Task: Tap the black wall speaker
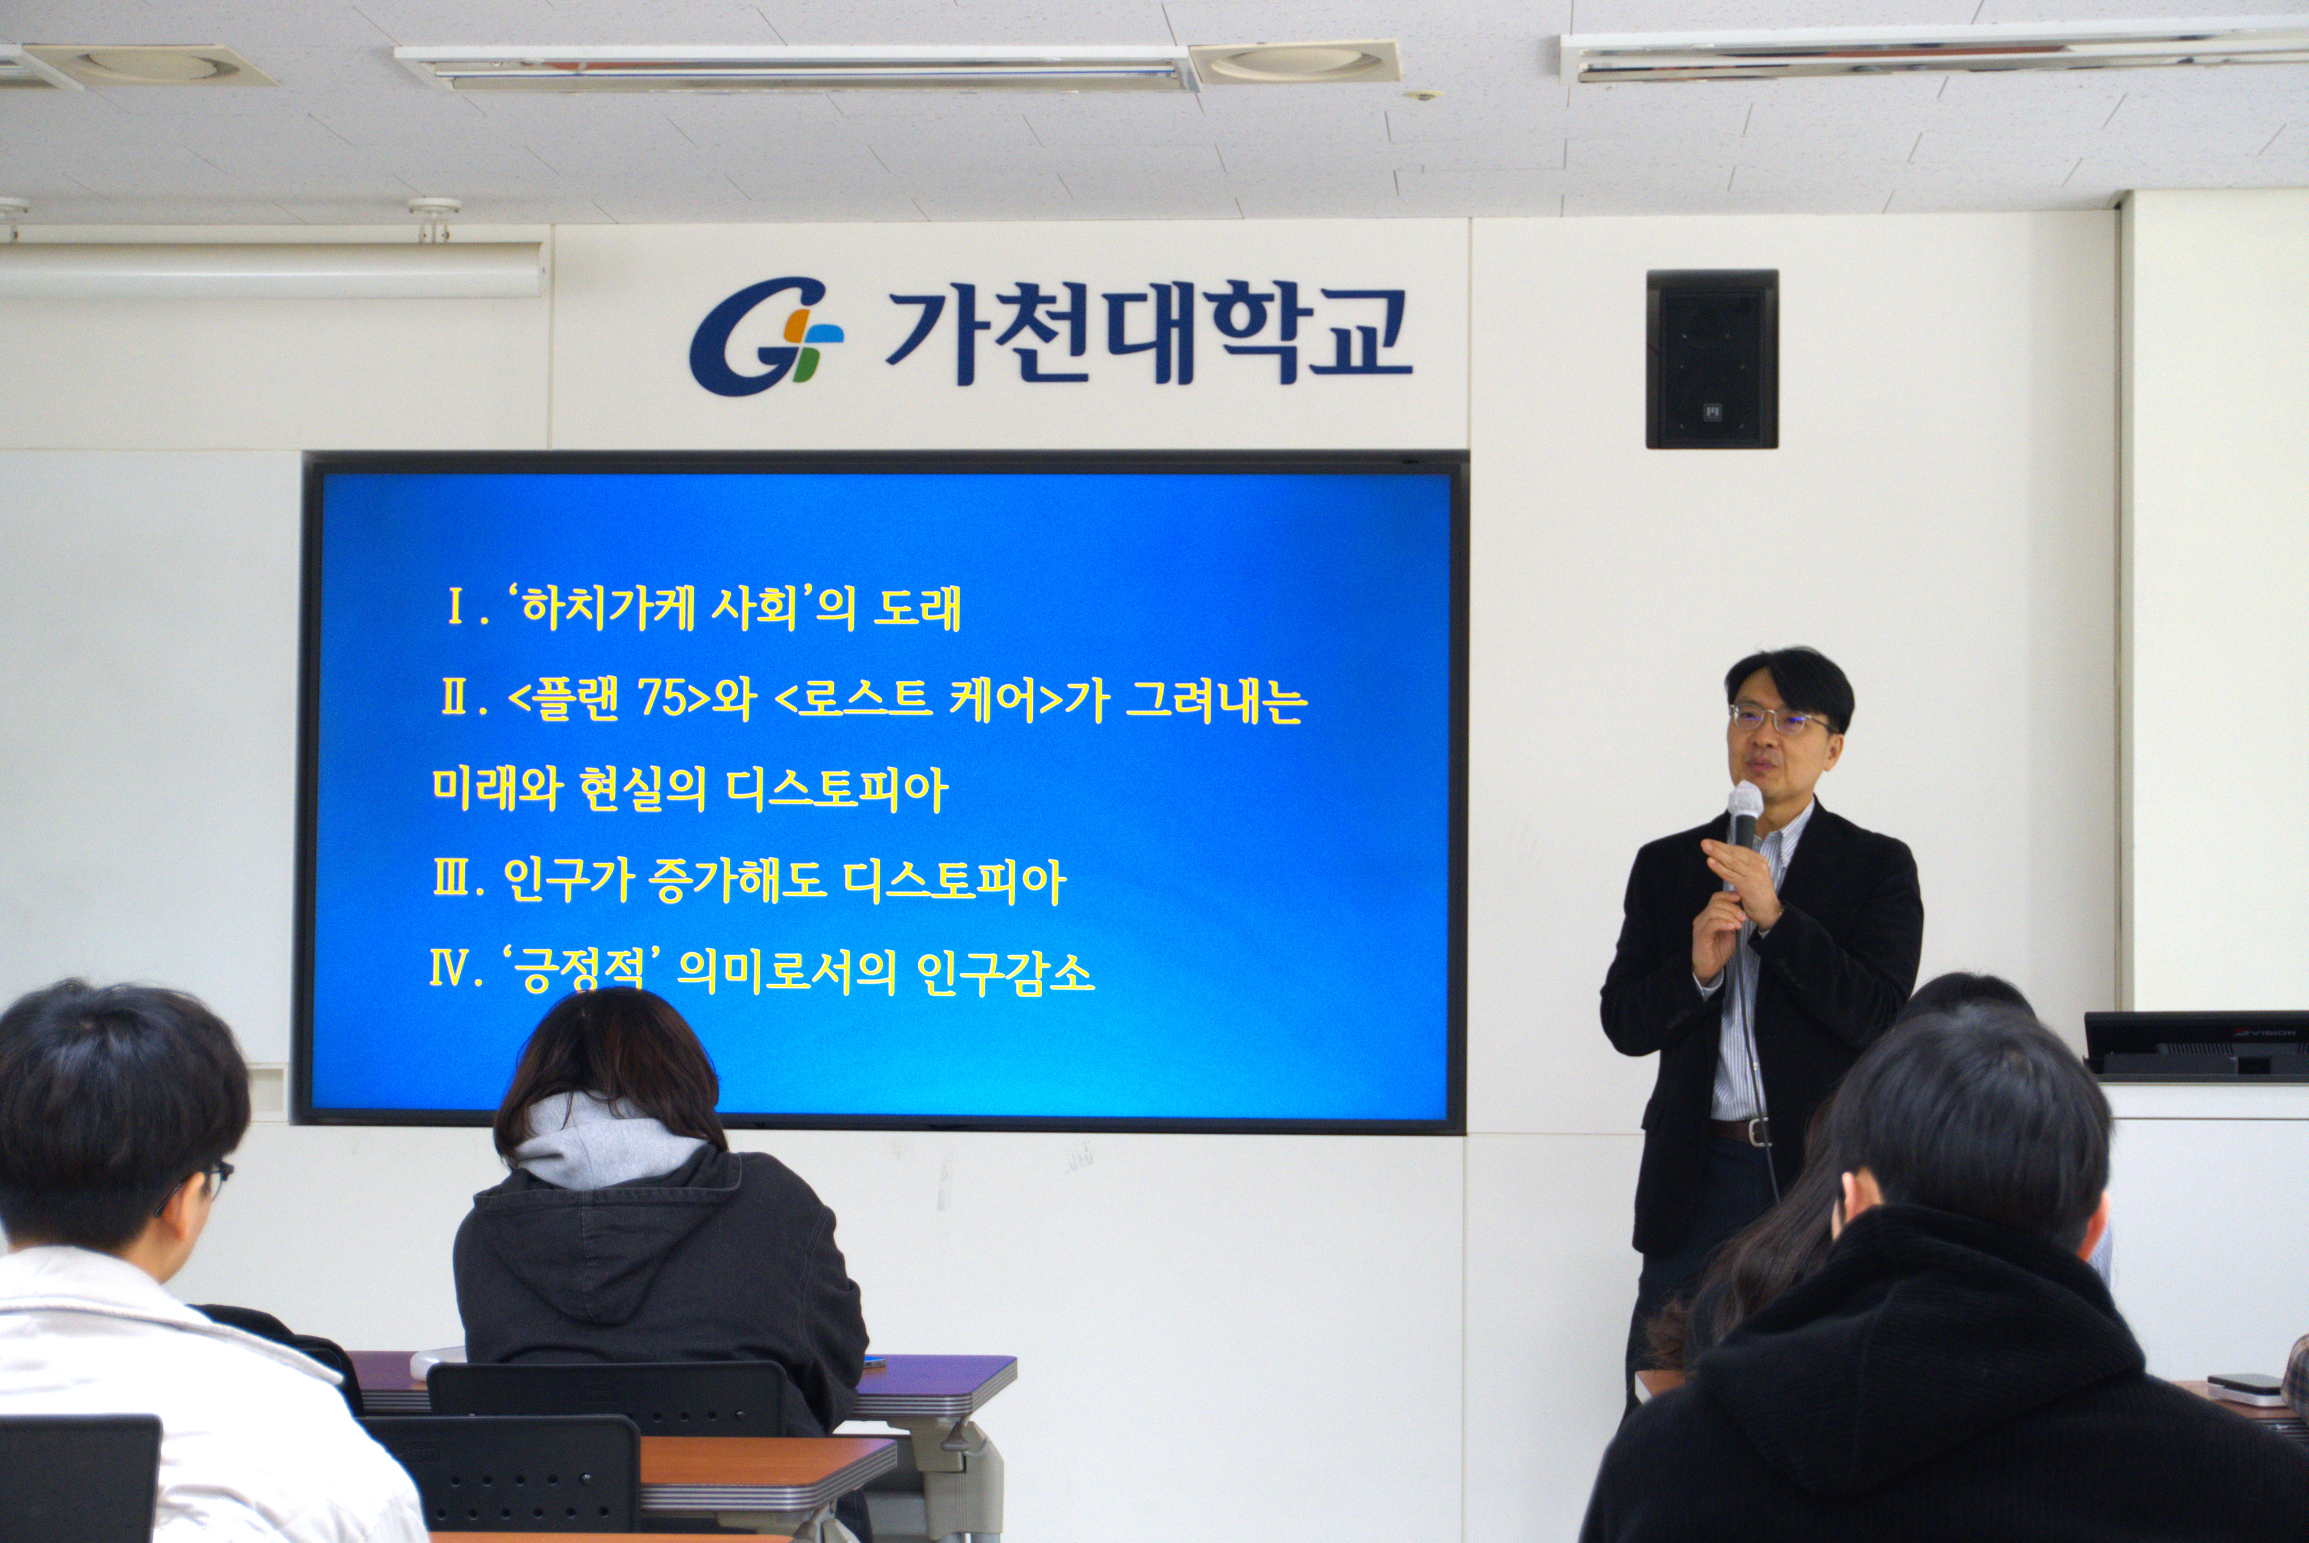1712,359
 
